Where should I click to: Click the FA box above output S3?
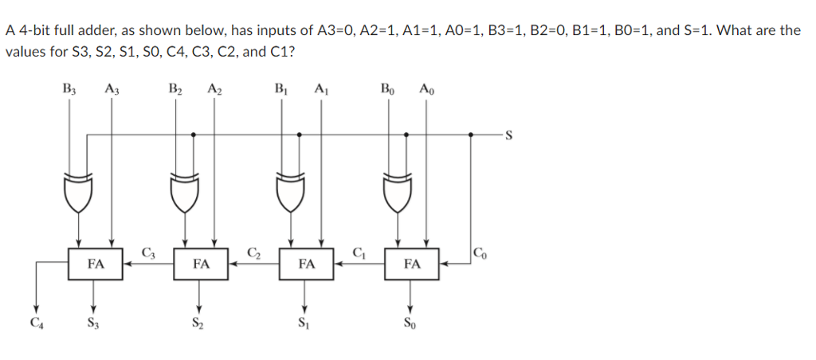(x=95, y=264)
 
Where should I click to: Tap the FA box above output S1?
(x=306, y=264)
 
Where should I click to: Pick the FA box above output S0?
(x=411, y=264)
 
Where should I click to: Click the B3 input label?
(x=69, y=88)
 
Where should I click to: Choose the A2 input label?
(x=214, y=88)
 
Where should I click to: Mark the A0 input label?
(x=426, y=88)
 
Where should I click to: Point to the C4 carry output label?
(x=35, y=323)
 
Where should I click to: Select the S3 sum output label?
(x=95, y=323)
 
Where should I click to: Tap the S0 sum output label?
(x=410, y=323)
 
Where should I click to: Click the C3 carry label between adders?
(x=148, y=254)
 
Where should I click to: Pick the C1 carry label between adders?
(x=359, y=254)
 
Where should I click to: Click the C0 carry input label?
(x=478, y=254)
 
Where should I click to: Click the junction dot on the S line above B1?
(x=299, y=135)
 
